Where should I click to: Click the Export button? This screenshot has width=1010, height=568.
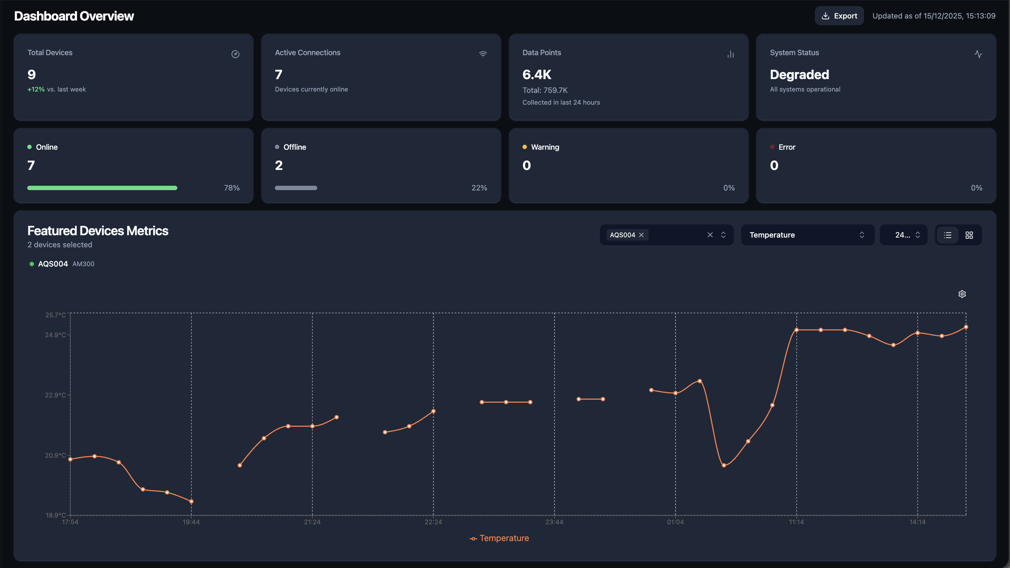(x=839, y=16)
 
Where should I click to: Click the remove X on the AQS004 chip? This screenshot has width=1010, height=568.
(x=642, y=235)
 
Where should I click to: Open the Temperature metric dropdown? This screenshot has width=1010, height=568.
(x=807, y=235)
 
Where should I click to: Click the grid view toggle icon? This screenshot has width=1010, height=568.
(x=969, y=235)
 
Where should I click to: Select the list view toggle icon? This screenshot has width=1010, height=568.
(x=947, y=235)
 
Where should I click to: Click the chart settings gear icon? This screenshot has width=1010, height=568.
(x=962, y=294)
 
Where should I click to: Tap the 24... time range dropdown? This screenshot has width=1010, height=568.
(x=903, y=235)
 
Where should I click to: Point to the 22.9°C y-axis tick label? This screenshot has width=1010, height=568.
(x=55, y=395)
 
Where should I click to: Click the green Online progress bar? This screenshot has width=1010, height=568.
(x=102, y=188)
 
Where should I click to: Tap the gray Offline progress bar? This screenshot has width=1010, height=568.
(x=296, y=188)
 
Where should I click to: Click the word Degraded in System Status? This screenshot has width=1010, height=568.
(x=799, y=74)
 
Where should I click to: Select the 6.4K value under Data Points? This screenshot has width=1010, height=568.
(x=537, y=74)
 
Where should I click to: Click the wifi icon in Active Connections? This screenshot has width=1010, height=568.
(x=483, y=54)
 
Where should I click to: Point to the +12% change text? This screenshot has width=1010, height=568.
(x=36, y=90)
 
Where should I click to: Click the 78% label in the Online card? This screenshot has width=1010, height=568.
(x=232, y=188)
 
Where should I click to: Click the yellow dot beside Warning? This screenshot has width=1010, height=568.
(x=525, y=147)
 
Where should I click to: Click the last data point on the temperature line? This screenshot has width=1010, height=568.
(x=966, y=327)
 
